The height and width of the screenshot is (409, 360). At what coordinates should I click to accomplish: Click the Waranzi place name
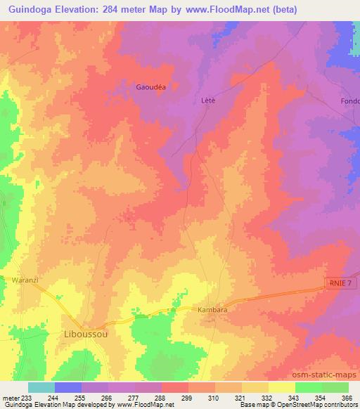click(25, 279)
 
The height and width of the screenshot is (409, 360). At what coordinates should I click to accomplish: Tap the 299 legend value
click(186, 398)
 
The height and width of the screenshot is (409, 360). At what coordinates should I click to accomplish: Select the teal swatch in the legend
click(41, 387)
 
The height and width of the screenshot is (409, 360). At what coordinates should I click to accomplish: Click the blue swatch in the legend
click(67, 387)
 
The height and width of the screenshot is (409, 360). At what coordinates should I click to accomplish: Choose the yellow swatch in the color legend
click(281, 387)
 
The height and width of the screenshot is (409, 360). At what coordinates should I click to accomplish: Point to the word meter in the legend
click(11, 398)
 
